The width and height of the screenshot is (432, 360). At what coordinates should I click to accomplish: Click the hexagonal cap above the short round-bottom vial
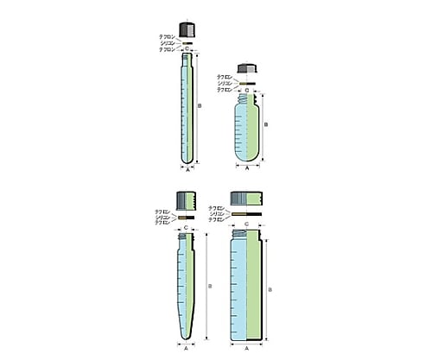click(x=247, y=68)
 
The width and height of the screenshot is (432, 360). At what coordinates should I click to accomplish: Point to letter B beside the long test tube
click(x=200, y=106)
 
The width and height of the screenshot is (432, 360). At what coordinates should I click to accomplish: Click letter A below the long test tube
click(x=188, y=171)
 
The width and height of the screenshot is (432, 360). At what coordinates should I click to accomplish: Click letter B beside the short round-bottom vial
click(x=265, y=126)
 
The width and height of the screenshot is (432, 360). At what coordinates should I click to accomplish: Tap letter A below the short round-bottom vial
click(x=247, y=171)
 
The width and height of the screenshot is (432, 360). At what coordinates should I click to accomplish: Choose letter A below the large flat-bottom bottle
click(x=247, y=349)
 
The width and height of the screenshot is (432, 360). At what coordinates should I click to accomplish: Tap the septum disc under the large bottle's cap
click(x=247, y=212)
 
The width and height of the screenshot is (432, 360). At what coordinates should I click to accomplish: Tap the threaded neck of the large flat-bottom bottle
click(x=247, y=236)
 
